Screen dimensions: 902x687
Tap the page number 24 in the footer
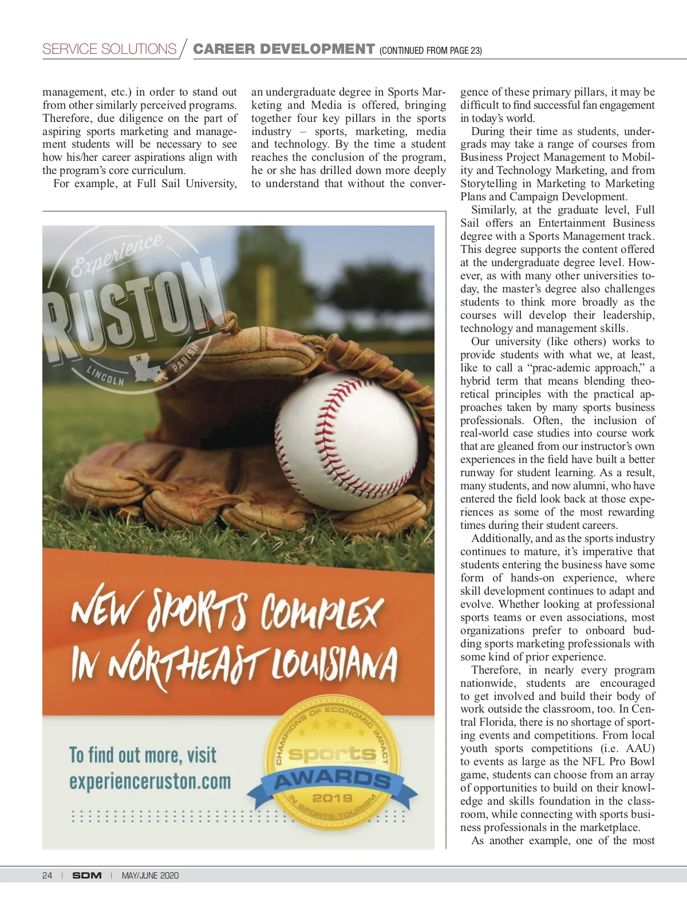47,875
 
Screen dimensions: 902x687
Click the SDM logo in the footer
86,875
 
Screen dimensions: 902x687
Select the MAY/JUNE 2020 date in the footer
150,875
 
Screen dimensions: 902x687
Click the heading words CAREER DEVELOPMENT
284,49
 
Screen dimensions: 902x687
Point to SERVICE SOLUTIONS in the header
109,49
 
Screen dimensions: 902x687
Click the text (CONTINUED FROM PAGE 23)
431,50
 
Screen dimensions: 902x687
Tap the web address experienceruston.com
150,781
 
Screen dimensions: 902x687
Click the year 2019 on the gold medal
332,797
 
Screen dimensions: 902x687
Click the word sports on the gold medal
332,754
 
